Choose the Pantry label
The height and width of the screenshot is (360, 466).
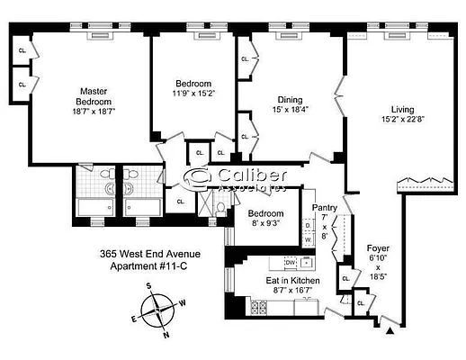click(x=324, y=208)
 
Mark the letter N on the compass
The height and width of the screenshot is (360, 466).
click(x=166, y=334)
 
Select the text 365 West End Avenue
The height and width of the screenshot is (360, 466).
click(x=150, y=255)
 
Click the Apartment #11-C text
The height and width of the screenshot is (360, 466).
click(x=149, y=267)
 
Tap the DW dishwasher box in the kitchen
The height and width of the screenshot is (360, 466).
click(x=291, y=262)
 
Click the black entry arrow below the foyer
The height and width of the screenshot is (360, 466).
click(x=389, y=332)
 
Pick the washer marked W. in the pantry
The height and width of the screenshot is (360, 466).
click(x=308, y=240)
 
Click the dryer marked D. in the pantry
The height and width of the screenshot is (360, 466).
click(x=308, y=226)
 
